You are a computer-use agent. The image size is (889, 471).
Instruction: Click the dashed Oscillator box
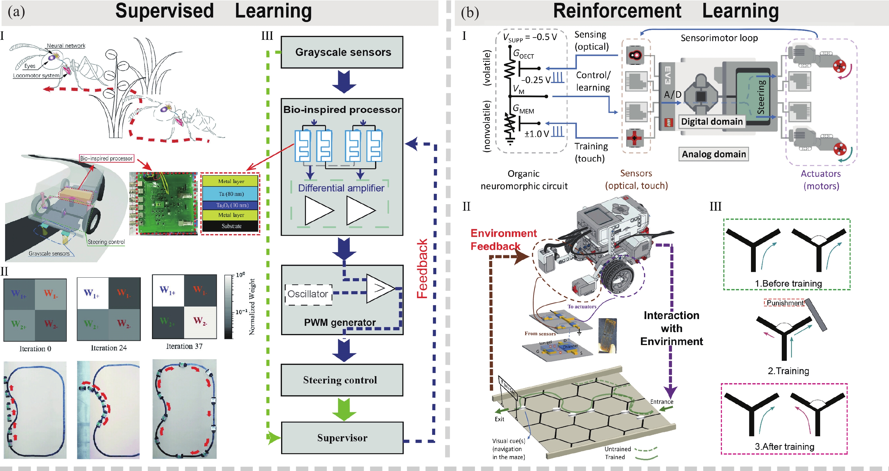(x=308, y=294)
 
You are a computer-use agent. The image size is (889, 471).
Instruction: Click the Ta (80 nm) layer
(x=231, y=194)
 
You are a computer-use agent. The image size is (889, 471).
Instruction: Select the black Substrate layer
(x=231, y=226)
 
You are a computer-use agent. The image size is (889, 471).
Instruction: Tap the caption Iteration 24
(x=109, y=348)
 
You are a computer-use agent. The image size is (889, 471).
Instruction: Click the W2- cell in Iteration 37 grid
(x=200, y=321)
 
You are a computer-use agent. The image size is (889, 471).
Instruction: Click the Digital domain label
(x=711, y=121)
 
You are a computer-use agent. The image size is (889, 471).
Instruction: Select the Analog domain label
(x=714, y=154)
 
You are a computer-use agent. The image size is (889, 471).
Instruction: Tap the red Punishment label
(x=784, y=303)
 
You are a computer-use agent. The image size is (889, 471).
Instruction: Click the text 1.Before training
(x=788, y=284)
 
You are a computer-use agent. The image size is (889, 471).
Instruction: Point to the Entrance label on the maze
(x=662, y=402)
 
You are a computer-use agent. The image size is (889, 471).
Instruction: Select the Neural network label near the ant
(x=66, y=45)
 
